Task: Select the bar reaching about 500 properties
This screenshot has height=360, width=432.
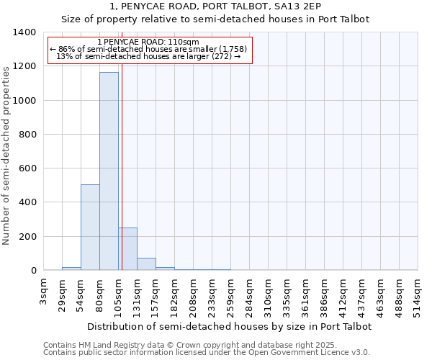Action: tap(90, 228)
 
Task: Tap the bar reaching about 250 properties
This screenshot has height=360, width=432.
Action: tap(127, 249)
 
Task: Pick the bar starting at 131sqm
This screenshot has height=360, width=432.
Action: tap(146, 264)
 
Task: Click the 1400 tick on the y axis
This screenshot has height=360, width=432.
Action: tap(24, 32)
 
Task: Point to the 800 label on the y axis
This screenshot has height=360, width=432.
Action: tap(27, 135)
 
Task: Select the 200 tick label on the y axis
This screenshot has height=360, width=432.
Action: tap(27, 237)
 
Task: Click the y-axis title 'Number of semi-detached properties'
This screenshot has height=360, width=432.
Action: tap(7, 154)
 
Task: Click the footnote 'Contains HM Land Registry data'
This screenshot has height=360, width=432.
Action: tap(206, 345)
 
